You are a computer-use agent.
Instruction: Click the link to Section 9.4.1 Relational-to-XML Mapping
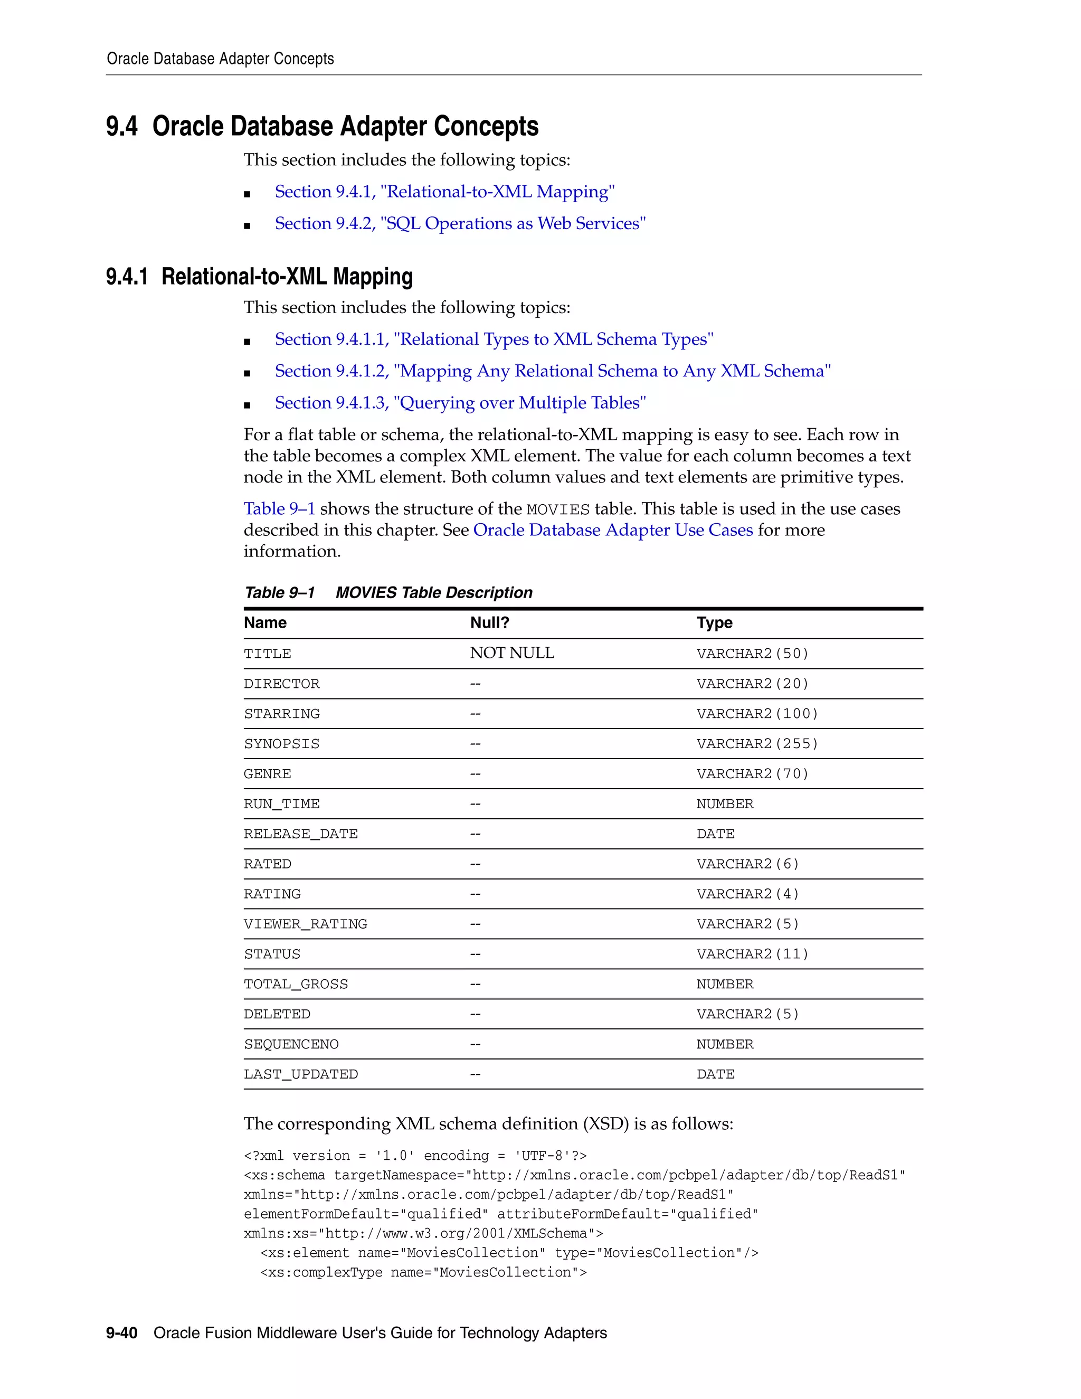tap(444, 192)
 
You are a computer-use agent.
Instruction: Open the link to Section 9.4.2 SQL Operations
tap(460, 223)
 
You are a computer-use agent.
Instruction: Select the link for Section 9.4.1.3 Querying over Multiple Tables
tap(460, 403)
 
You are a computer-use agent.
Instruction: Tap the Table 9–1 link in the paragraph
tap(279, 508)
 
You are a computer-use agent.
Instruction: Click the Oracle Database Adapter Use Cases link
tap(613, 530)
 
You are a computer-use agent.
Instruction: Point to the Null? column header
tap(489, 622)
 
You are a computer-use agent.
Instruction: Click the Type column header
tap(714, 622)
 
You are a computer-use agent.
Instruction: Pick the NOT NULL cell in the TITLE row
tap(511, 653)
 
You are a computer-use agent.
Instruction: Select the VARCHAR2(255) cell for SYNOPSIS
tap(757, 744)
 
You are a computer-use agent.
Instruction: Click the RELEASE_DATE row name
tap(300, 834)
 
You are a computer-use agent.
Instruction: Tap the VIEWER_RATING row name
tap(306, 924)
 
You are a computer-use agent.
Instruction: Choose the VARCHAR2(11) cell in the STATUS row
tap(753, 954)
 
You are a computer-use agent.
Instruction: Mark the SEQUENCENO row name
tap(291, 1044)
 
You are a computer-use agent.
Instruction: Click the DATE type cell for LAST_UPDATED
tap(715, 1074)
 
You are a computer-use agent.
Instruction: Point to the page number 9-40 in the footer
tap(122, 1333)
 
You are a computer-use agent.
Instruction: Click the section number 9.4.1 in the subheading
tap(127, 277)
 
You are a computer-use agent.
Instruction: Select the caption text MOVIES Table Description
tap(433, 592)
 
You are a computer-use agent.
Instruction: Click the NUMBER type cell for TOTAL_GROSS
tap(724, 984)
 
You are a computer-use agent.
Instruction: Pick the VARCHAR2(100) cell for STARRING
tap(757, 714)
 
